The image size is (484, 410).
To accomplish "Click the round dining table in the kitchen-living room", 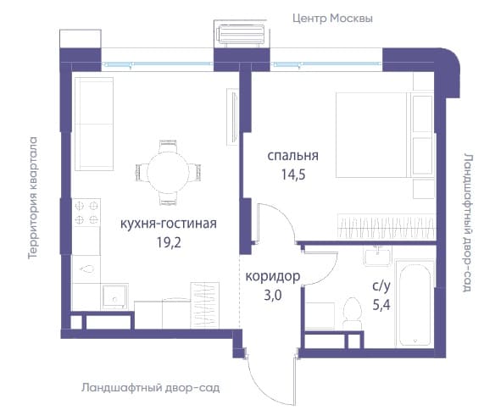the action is pyautogui.click(x=168, y=173).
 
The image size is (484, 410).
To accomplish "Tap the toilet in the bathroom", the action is pyautogui.click(x=353, y=313).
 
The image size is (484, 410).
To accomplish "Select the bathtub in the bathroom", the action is pyautogui.click(x=414, y=303).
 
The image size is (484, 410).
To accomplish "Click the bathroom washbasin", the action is pyautogui.click(x=377, y=257).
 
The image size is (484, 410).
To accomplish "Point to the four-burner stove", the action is pyautogui.click(x=86, y=213).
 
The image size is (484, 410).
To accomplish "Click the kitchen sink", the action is pyautogui.click(x=114, y=296).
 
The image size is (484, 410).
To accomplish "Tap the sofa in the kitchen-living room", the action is pyautogui.click(x=94, y=124).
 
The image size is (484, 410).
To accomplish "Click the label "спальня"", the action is pyautogui.click(x=292, y=156).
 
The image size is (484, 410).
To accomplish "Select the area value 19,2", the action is pyautogui.click(x=169, y=243).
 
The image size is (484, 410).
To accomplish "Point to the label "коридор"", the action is pyautogui.click(x=273, y=276).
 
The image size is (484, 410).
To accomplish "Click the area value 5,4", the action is pyautogui.click(x=381, y=305).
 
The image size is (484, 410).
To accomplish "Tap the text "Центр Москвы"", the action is pyautogui.click(x=332, y=18).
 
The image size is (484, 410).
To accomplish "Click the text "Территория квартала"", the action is pyautogui.click(x=32, y=197).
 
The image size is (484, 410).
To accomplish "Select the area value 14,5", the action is pyautogui.click(x=293, y=175).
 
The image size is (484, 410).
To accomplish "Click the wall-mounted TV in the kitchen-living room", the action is pyautogui.click(x=232, y=117).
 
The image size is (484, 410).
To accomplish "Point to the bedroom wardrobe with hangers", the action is pyautogui.click(x=387, y=226).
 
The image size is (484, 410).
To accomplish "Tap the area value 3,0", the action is pyautogui.click(x=273, y=296).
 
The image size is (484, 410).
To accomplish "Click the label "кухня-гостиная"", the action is pyautogui.click(x=169, y=224).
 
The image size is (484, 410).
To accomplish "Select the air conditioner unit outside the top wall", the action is pyautogui.click(x=240, y=36).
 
